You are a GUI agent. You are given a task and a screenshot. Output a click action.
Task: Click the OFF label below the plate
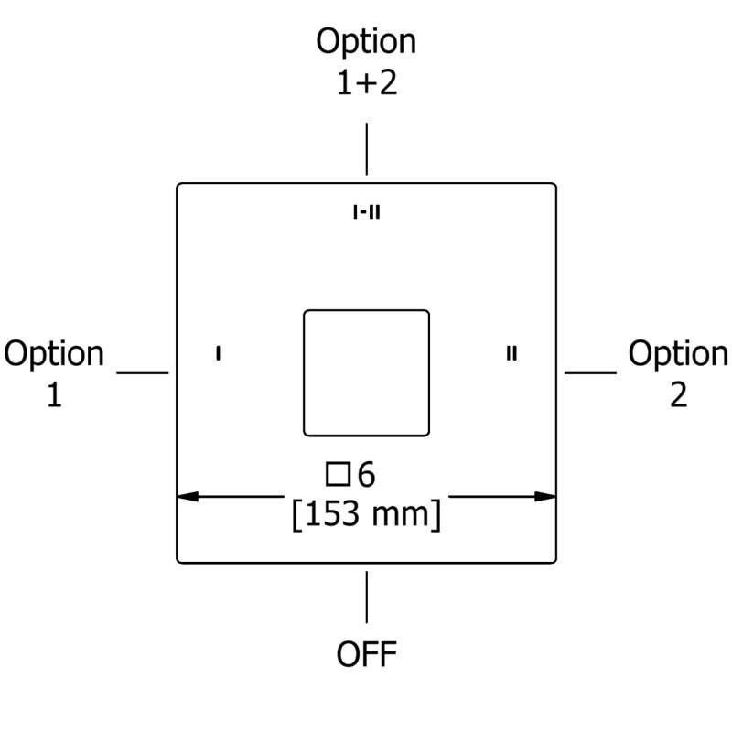pyautogui.click(x=367, y=654)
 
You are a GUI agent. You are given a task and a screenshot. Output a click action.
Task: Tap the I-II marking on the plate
pyautogui.click(x=367, y=212)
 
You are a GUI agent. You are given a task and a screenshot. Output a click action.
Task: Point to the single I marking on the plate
pyautogui.click(x=218, y=353)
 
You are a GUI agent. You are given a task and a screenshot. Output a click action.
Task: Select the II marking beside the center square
pyautogui.click(x=511, y=353)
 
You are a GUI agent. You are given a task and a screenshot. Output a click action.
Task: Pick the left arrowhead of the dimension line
pyautogui.click(x=188, y=496)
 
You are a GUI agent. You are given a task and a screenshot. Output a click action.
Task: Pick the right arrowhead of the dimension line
pyautogui.click(x=545, y=496)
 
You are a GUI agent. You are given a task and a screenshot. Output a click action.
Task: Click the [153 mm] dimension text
pyautogui.click(x=367, y=514)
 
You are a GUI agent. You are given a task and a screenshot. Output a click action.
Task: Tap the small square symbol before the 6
pyautogui.click(x=338, y=474)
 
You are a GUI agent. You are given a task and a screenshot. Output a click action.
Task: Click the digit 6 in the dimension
pyautogui.click(x=367, y=474)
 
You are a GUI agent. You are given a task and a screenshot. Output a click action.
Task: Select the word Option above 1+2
pyautogui.click(x=366, y=43)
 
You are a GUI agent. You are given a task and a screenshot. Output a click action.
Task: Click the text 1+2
pyautogui.click(x=367, y=82)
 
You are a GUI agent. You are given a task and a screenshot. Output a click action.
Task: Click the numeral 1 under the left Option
pyautogui.click(x=54, y=395)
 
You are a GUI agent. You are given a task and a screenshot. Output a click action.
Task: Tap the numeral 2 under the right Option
pyautogui.click(x=678, y=395)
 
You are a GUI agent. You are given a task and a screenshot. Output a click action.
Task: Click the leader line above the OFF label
pyautogui.click(x=367, y=597)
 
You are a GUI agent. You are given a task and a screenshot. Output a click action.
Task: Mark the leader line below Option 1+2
pyautogui.click(x=367, y=149)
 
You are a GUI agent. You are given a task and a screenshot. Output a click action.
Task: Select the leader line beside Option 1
pyautogui.click(x=143, y=373)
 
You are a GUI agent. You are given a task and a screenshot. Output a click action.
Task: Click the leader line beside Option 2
pyautogui.click(x=590, y=373)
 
